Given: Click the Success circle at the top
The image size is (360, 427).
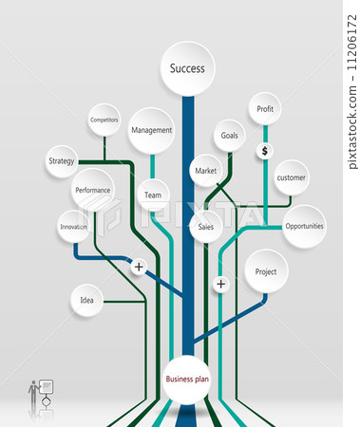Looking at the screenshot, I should pos(187,68).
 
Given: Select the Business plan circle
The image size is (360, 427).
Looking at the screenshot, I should pos(187,379).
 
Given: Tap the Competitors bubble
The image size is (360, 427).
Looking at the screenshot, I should pos(104,120).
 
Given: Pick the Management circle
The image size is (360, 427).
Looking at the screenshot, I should pos(151,130).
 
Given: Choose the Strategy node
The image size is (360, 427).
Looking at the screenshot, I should pos(61,161).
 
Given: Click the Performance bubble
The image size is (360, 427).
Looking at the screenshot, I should pos(92,190).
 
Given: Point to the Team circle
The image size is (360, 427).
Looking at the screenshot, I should pos(152,195).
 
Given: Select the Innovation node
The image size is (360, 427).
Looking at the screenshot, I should pos(74,227).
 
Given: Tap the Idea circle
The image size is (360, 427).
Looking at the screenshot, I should pos(86,301).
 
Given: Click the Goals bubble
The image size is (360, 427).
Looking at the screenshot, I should pos(230,136).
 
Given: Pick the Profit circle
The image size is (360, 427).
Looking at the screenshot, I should pos(265,109).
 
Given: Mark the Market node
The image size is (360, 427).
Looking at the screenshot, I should pos(205,171).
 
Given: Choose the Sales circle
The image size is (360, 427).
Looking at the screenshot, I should pos(205,227).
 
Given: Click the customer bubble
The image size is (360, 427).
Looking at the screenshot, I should pos(291,177).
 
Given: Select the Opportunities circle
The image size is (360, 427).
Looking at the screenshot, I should pos(304,226).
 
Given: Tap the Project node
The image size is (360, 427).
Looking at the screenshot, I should pos(266,272).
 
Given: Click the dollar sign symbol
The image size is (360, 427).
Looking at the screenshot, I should pos(265,151).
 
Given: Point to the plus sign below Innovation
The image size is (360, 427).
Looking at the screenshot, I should pos(139,267).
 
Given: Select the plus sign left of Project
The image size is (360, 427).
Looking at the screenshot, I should pos(220,284).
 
